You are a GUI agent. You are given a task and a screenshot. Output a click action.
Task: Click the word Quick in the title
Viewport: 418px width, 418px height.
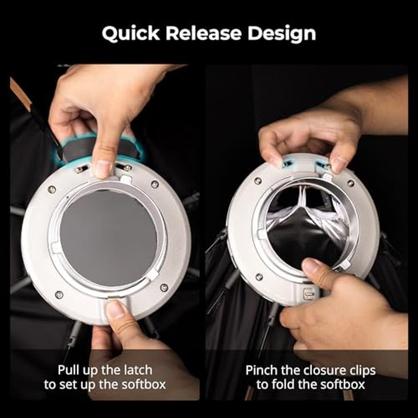(x=130, y=34)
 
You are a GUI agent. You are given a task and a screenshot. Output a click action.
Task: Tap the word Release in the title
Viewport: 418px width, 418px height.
(x=204, y=33)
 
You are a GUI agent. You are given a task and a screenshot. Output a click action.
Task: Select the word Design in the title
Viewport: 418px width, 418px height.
(x=282, y=34)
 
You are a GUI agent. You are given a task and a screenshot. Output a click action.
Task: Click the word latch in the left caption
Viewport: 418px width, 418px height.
(x=138, y=370)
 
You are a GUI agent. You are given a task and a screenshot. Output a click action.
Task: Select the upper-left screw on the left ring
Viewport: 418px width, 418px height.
(x=52, y=189)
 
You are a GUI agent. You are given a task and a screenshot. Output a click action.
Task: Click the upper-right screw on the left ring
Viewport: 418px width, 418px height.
(x=155, y=184)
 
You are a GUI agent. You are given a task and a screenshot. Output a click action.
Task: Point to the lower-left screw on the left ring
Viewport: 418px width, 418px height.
(x=59, y=295)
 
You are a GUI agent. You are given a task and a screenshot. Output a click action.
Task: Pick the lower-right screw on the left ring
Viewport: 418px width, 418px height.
(x=164, y=288)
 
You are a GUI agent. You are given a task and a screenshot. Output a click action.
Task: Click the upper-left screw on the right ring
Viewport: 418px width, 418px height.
(x=258, y=181)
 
